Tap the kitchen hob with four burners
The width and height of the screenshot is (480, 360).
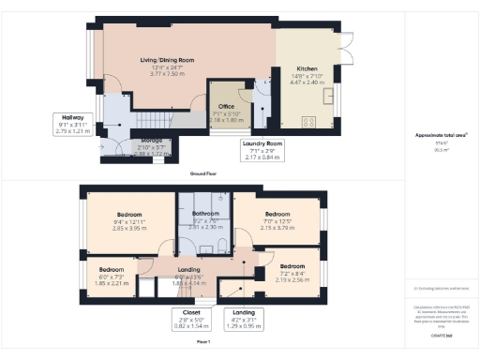pyautogui.click(x=310, y=120)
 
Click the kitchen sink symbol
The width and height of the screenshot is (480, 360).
pyautogui.click(x=330, y=97)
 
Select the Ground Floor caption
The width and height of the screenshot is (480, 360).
pyautogui.click(x=204, y=174)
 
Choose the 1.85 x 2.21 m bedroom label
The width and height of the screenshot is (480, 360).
pyautogui.click(x=112, y=276)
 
